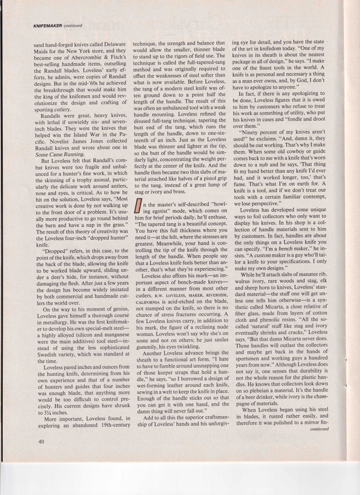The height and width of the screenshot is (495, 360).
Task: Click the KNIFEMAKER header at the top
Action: point(48,25)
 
